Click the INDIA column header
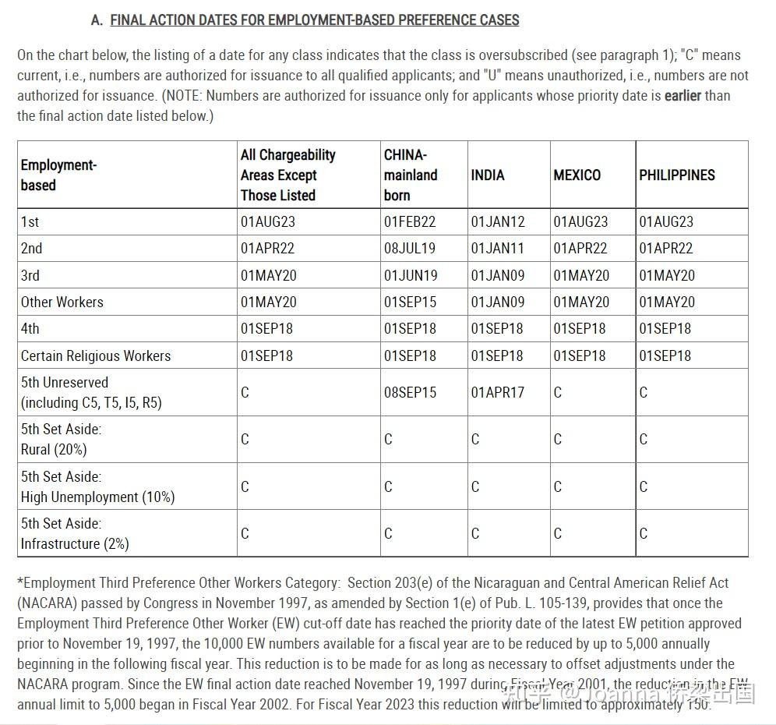pos(488,175)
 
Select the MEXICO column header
pos(577,175)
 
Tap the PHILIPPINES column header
pos(676,175)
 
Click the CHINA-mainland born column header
pos(411,175)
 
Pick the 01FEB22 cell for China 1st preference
pos(410,222)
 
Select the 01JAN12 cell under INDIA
pos(498,222)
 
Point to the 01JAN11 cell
pos(498,249)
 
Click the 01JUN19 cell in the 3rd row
pos(411,275)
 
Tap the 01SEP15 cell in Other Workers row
pos(410,302)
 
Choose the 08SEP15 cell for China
pos(411,393)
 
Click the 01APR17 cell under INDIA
pos(498,393)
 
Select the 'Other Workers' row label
pos(62,302)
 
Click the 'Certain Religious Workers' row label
pos(96,355)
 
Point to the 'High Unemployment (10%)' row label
pos(98,497)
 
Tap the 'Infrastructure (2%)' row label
pos(75,543)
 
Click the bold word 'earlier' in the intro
pos(683,96)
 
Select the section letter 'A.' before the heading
pos(97,20)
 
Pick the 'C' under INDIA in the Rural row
pos(475,440)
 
